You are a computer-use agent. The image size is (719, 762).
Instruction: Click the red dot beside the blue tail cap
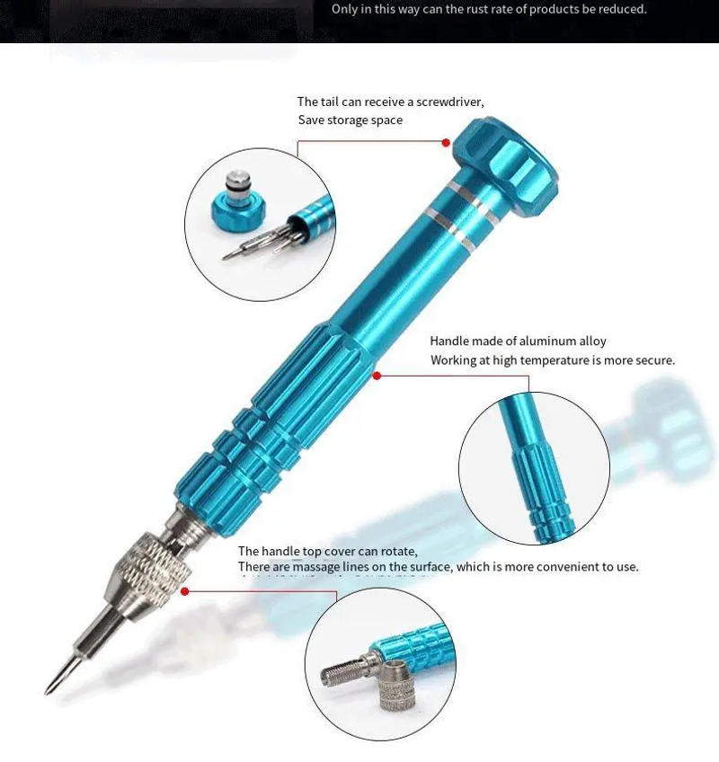click(446, 141)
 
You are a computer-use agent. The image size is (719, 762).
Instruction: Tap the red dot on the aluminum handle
click(377, 375)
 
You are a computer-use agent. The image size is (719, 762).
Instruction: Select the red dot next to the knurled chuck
click(185, 590)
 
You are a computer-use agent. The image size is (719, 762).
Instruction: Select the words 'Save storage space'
click(351, 120)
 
